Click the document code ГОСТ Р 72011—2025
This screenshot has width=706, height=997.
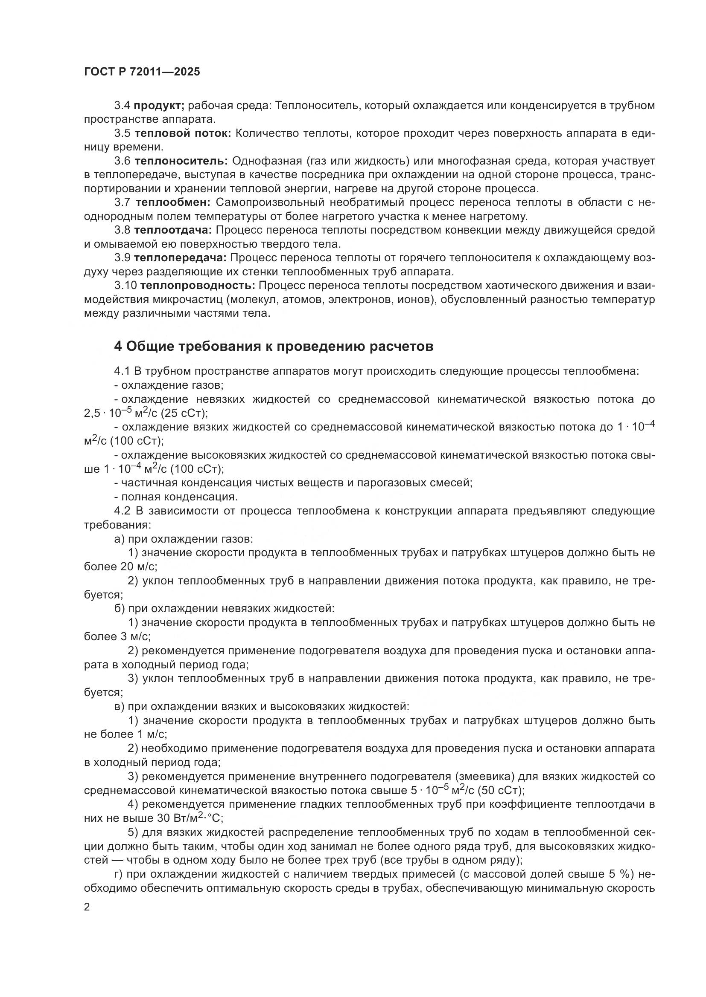(142, 72)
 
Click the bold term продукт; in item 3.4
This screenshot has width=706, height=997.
(159, 106)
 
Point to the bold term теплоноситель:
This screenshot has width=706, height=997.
(181, 161)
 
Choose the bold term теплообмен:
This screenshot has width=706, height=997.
(173, 202)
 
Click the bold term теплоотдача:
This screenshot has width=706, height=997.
(172, 230)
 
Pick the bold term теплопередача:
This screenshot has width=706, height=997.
(181, 258)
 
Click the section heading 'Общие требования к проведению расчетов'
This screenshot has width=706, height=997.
(274, 347)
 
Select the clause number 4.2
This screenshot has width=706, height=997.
(123, 511)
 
